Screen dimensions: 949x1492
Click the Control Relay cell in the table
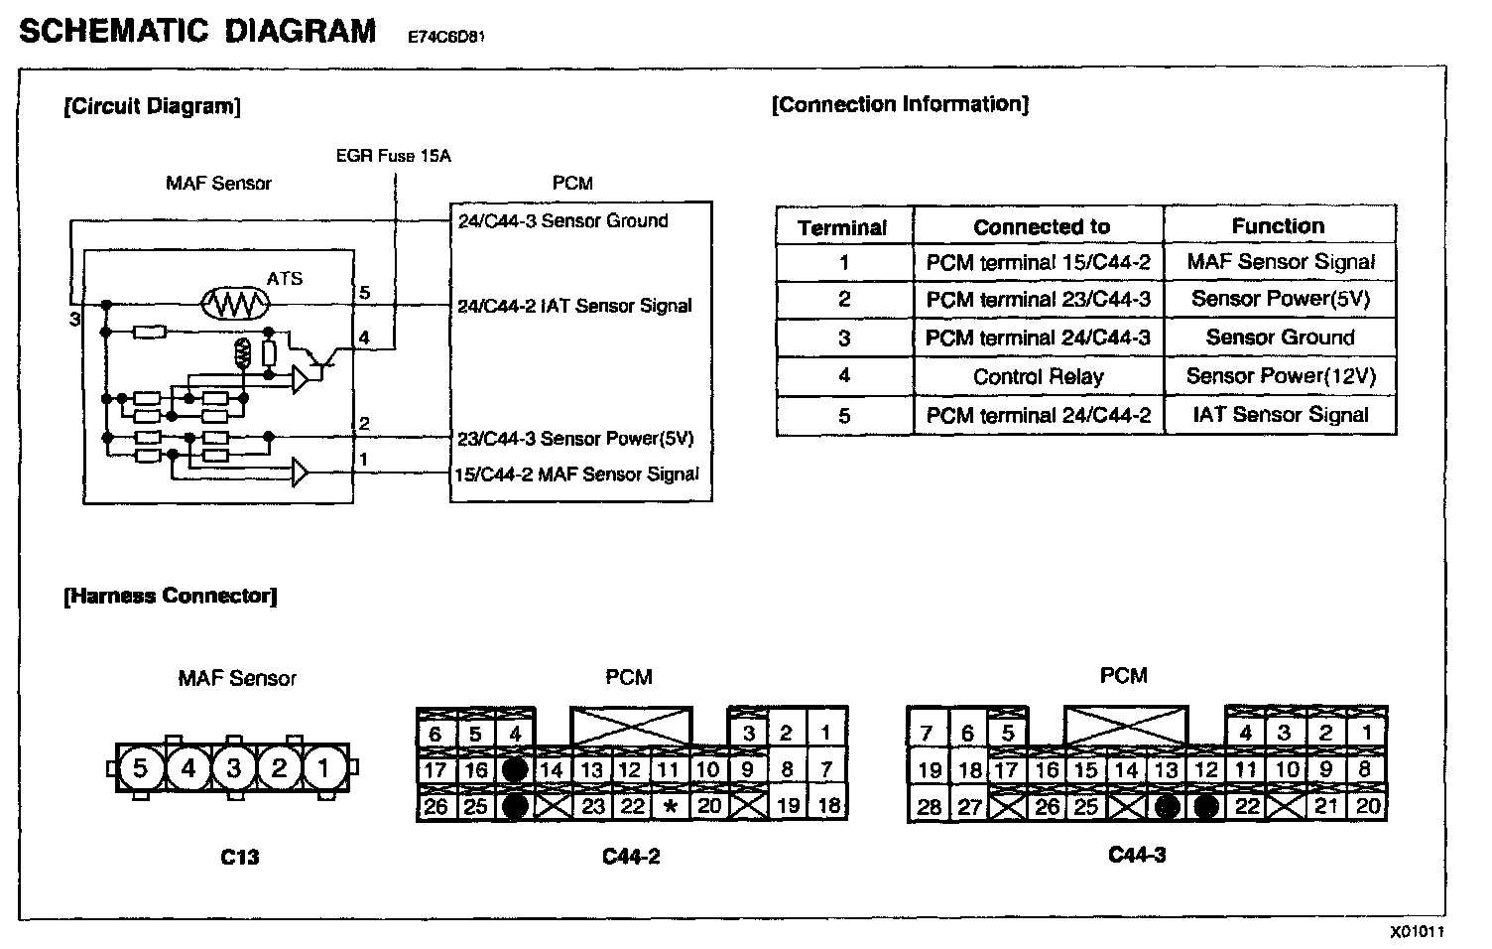coord(1038,376)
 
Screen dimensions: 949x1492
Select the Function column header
coord(1278,226)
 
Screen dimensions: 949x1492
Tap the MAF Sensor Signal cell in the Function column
coord(1280,262)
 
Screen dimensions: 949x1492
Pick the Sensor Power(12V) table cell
coord(1280,376)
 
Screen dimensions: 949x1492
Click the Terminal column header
coord(842,227)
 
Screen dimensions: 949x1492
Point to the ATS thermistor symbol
coord(235,303)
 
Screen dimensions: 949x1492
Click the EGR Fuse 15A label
coord(394,156)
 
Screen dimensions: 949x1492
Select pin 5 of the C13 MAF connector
coord(140,767)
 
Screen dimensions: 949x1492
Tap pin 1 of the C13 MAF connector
coord(323,767)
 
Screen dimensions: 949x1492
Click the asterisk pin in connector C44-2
coord(671,805)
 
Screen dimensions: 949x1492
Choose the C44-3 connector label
coord(1137,855)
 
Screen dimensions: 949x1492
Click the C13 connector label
coord(239,857)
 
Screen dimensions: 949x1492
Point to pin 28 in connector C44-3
coord(929,806)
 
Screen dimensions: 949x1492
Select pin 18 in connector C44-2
coord(828,805)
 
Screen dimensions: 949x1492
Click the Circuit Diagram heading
coord(151,106)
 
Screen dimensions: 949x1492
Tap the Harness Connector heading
coord(170,596)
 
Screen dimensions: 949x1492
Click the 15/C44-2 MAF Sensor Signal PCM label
coord(576,474)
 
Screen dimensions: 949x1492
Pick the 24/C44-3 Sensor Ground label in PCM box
coord(562,220)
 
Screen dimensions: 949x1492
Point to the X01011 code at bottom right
coord(1416,932)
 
